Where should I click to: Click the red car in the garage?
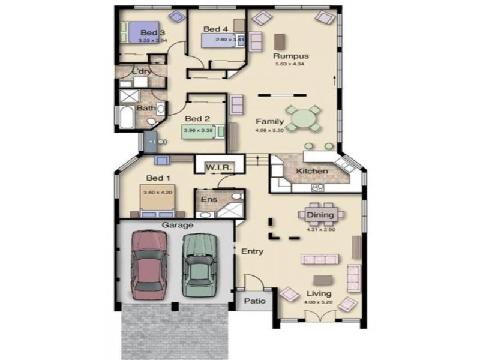click(148, 262)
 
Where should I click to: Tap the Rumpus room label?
click(292, 56)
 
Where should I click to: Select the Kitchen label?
click(312, 172)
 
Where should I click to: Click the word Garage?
click(177, 225)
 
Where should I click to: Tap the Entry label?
click(252, 251)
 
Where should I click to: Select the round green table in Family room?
click(303, 118)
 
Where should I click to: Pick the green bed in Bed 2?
click(203, 131)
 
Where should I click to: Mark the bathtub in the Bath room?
click(127, 118)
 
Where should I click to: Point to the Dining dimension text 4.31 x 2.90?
click(320, 229)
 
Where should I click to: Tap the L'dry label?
click(142, 72)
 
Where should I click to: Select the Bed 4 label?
click(215, 29)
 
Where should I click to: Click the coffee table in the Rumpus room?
click(279, 41)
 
